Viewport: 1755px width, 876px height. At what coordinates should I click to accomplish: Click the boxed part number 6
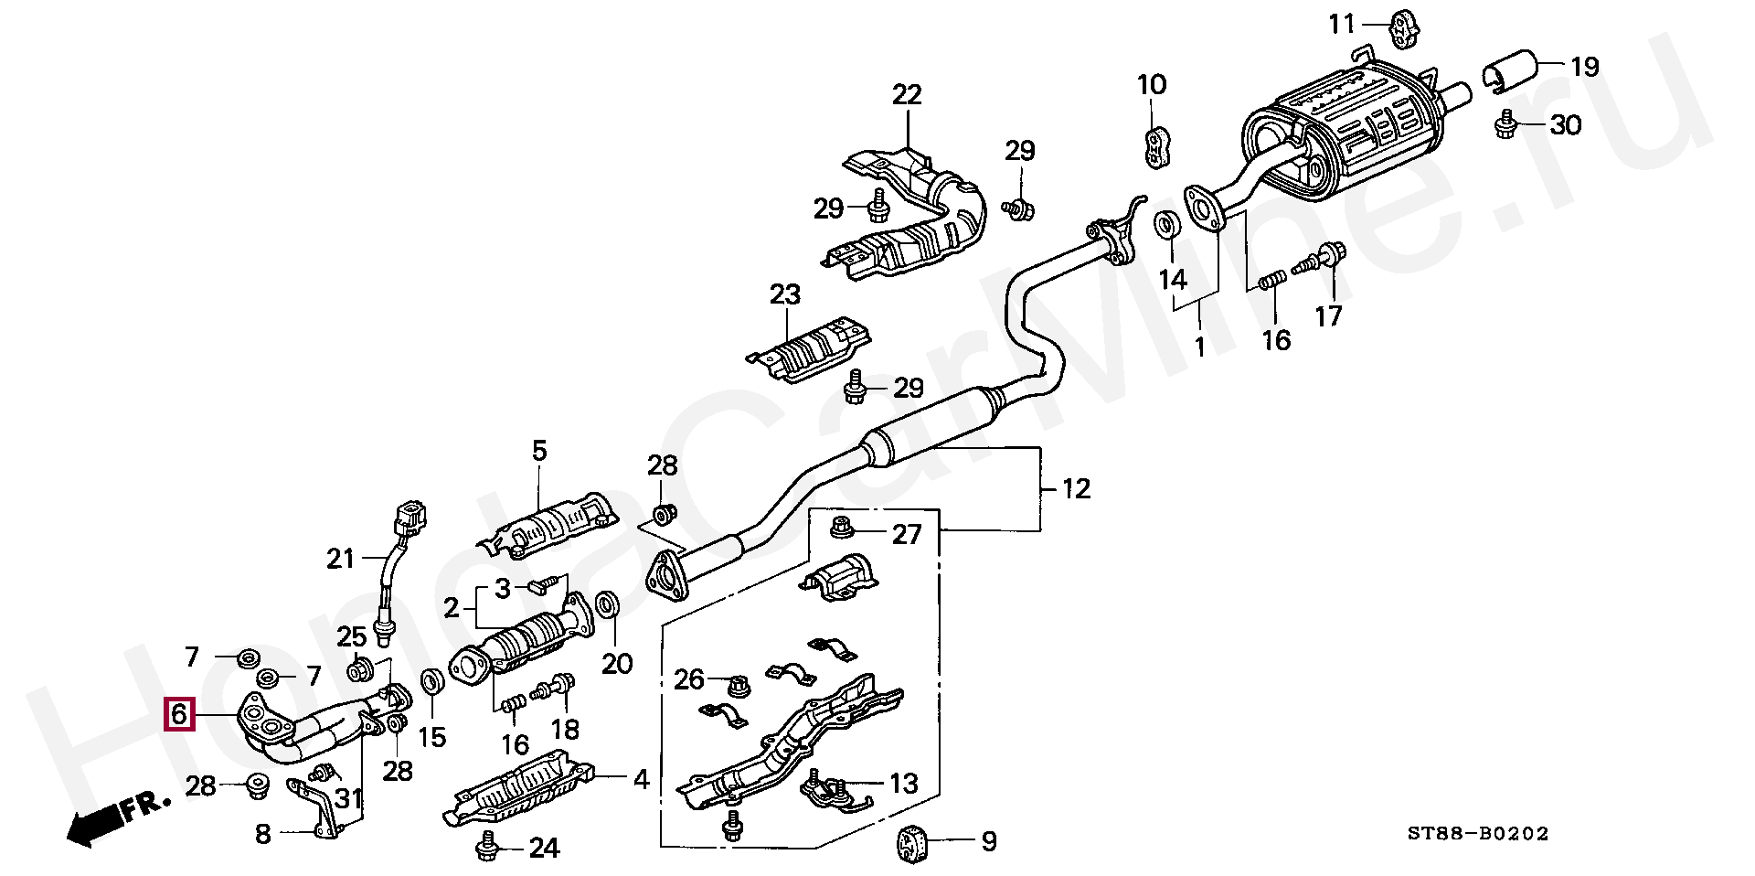click(x=179, y=714)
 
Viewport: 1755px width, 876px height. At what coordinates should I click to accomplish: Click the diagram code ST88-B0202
click(x=1477, y=834)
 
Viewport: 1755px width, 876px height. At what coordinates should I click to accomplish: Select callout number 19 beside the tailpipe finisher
click(x=1584, y=67)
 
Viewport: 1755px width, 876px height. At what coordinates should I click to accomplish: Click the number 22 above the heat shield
click(x=907, y=95)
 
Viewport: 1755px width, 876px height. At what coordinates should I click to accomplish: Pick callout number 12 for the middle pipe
click(x=1077, y=489)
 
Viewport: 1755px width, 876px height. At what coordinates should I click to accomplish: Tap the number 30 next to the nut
click(x=1566, y=124)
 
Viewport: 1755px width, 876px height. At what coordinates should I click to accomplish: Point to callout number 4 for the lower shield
click(x=641, y=780)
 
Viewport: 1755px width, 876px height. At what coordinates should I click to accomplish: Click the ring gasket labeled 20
click(x=606, y=607)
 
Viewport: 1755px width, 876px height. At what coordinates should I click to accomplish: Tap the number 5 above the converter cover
click(x=538, y=451)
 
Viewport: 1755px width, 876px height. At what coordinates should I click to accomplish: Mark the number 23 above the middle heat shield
click(x=784, y=295)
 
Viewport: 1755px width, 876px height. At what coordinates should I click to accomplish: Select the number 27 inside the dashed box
click(x=906, y=534)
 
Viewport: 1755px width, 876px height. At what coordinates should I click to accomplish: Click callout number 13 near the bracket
click(x=902, y=784)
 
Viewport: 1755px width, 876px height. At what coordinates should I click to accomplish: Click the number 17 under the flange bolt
click(x=1328, y=315)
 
